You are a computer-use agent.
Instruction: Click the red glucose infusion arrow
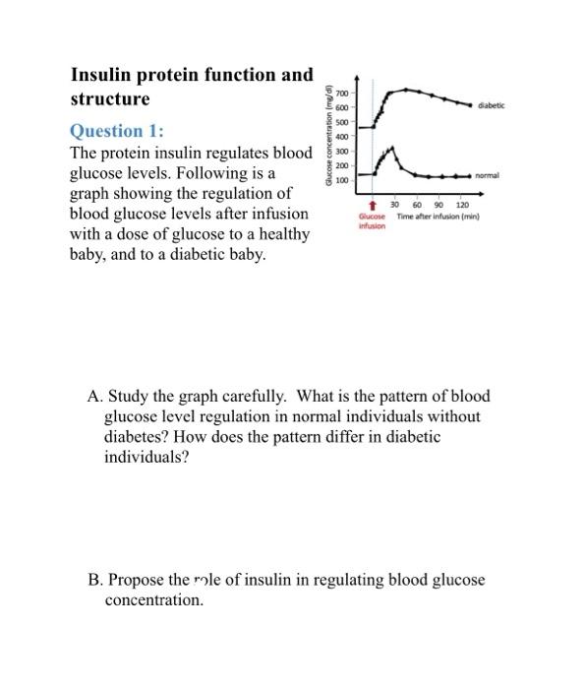click(x=373, y=206)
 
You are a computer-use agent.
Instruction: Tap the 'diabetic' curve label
click(x=491, y=104)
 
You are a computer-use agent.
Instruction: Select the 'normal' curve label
click(x=487, y=175)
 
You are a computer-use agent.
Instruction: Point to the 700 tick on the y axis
click(x=342, y=91)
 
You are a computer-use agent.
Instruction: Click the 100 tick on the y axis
click(x=342, y=180)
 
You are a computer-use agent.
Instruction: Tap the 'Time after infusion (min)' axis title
click(x=437, y=216)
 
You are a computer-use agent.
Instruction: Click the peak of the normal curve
click(x=392, y=147)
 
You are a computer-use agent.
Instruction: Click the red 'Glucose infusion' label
click(x=372, y=220)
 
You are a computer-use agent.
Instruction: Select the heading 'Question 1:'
click(x=117, y=132)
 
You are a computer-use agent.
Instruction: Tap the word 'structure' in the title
click(x=109, y=99)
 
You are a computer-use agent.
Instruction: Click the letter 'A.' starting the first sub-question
click(x=94, y=398)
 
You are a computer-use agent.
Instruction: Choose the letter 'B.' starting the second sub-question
click(x=94, y=580)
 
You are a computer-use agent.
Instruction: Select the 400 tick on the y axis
click(x=342, y=136)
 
